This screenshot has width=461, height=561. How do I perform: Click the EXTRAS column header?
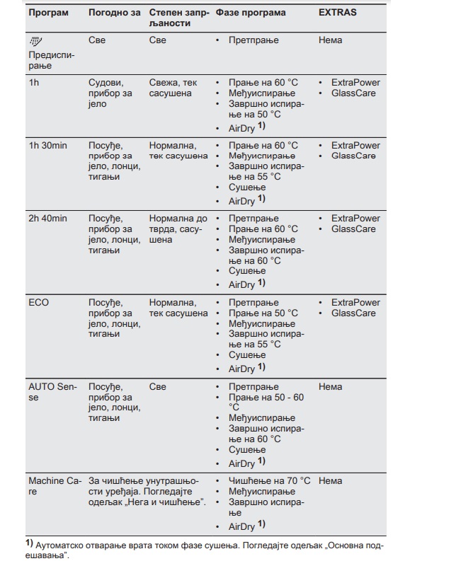pos(338,13)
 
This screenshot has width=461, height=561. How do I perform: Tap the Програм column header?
pos(48,13)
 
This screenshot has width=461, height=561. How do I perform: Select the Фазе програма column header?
pos(251,13)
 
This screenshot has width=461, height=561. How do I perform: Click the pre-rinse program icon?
pos(34,42)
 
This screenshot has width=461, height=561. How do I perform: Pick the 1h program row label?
pos(34,83)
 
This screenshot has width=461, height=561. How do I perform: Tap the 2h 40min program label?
pos(47,219)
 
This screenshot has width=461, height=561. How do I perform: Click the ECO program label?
pos(39,303)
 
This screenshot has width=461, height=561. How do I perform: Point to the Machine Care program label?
pos(54,486)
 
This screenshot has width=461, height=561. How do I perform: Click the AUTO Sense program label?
pos(53,392)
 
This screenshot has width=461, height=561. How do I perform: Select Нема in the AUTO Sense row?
pos(330,387)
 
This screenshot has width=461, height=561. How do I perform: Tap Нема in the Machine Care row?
pos(330,481)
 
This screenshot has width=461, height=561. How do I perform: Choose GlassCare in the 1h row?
pos(353,93)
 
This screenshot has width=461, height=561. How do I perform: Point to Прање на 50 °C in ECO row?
pos(263,313)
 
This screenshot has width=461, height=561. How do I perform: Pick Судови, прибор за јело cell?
pos(108,93)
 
